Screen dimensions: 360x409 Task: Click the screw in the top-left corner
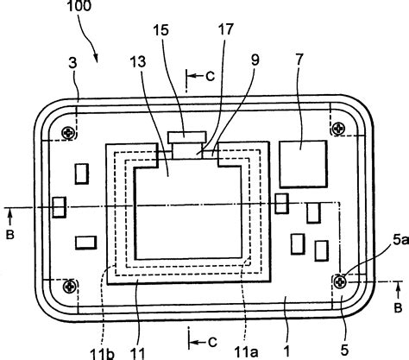click(69, 132)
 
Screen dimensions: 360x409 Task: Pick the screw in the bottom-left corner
click(71, 284)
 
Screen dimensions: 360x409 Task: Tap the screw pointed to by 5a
click(343, 278)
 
